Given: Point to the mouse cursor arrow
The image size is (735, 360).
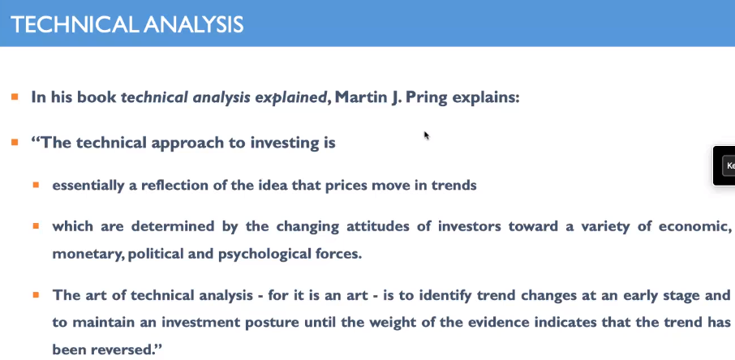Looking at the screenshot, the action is pos(427,135).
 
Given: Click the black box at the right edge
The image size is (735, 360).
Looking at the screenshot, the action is pos(724,165).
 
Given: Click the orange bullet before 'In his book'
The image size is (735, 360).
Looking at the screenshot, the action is pos(15,97).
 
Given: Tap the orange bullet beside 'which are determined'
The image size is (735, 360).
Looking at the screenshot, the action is pos(36,226).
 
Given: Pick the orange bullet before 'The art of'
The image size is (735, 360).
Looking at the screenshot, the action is pos(36,295).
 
